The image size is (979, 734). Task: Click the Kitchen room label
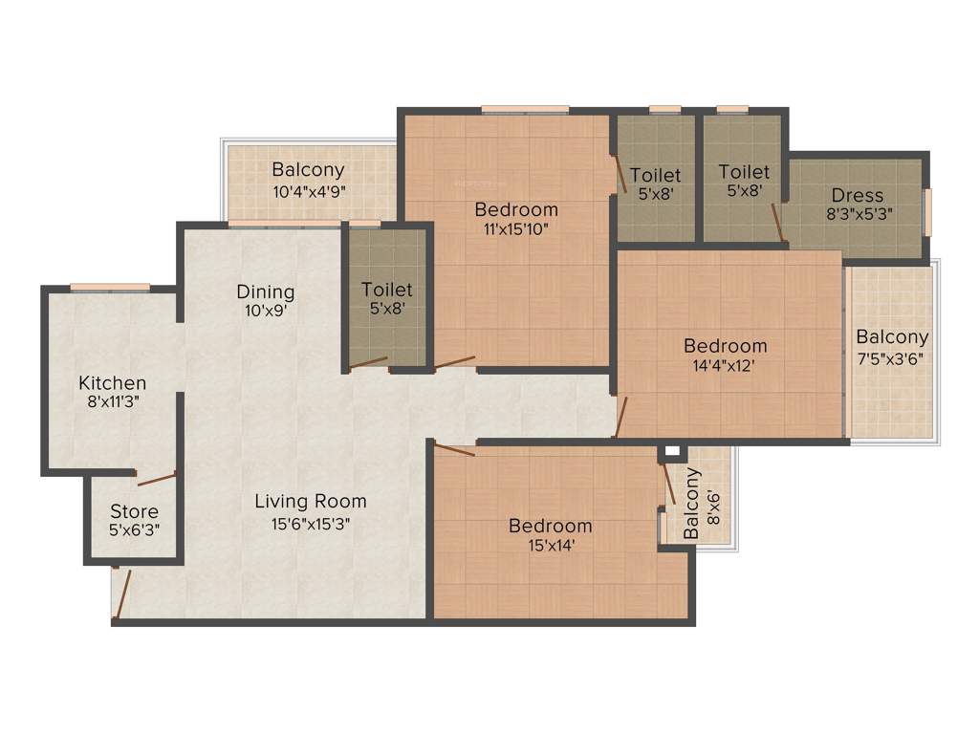tap(113, 383)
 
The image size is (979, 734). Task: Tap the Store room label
tap(134, 511)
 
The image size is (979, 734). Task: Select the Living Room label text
tap(311, 501)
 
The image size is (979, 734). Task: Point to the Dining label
tap(266, 291)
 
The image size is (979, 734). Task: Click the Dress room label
tap(858, 196)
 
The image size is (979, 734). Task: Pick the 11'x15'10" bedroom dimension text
tap(516, 228)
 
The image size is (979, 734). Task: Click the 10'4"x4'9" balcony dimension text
tap(308, 189)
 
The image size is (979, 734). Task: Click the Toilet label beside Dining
tap(387, 289)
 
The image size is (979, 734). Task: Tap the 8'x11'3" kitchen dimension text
tap(113, 402)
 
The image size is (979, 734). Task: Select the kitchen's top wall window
tap(109, 286)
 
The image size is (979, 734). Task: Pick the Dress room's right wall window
tap(925, 211)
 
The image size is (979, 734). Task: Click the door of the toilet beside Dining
tap(368, 363)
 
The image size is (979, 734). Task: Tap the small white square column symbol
tap(672, 451)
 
